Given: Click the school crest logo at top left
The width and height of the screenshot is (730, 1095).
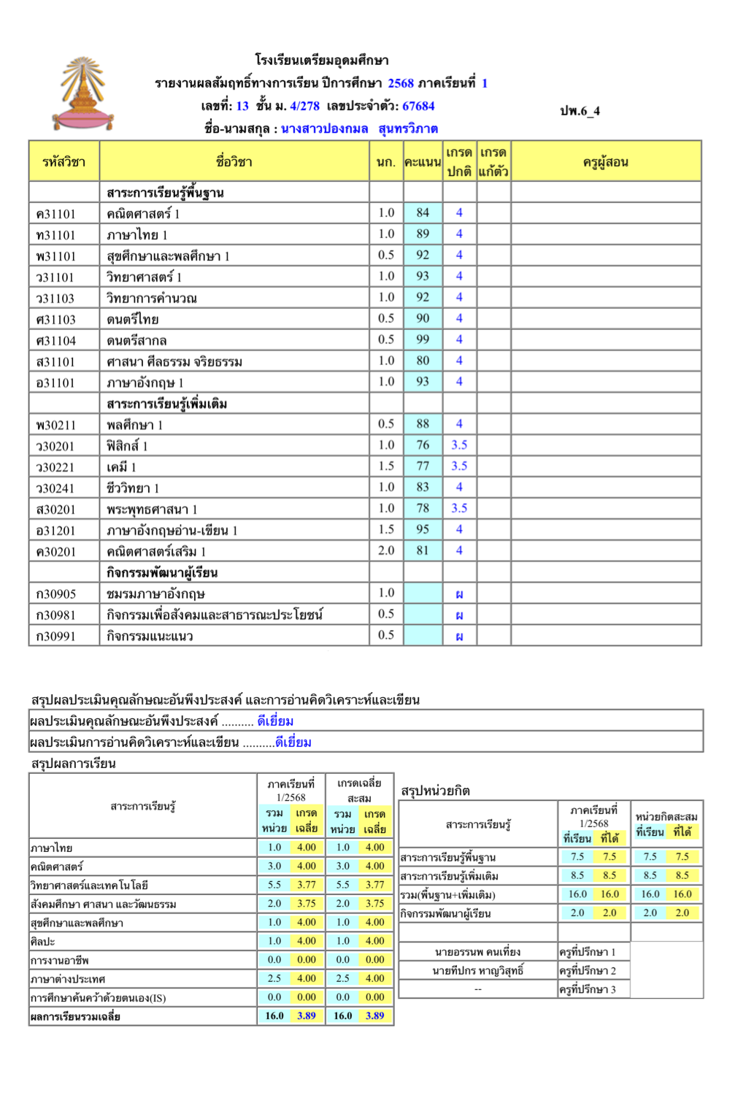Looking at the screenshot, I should pos(83,94).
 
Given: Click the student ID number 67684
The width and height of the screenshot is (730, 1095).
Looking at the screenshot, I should pos(418,106).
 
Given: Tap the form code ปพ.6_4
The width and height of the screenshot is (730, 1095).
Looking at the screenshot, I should pos(580,111).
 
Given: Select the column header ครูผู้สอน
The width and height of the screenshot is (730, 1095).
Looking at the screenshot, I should pos(605,162).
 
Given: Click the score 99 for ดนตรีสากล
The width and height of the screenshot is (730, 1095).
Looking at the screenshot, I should pos(423,339).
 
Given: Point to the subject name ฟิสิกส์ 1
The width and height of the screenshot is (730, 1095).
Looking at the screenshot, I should pos(127,445).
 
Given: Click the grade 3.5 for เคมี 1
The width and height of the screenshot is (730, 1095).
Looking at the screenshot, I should pos(459,466).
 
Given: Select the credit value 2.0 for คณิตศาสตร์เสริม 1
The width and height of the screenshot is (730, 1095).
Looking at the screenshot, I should pos(386,550).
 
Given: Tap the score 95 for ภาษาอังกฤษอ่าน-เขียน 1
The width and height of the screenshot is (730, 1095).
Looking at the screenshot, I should pos(423,529).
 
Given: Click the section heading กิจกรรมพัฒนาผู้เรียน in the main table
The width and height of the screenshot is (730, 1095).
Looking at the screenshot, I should pos(162,572).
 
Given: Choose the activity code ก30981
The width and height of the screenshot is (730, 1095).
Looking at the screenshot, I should pos(56,615).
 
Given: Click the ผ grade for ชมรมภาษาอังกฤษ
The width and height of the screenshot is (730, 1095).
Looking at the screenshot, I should pos(459,594).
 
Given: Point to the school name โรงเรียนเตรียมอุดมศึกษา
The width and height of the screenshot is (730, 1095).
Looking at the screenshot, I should pos(322,60).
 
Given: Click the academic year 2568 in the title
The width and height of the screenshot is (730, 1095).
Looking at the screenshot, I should pos(401,83).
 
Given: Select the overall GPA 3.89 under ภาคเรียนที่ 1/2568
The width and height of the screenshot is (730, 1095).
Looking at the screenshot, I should pos(307,1015).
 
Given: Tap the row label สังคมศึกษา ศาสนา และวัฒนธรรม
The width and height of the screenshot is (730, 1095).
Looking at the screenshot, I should pos(103,904).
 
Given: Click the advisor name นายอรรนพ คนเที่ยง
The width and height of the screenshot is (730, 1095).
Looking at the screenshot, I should pos(477,952).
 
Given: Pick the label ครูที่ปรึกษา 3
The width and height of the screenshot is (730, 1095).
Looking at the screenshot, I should pos(588,989).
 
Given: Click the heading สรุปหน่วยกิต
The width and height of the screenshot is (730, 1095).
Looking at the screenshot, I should pos(435,791).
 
